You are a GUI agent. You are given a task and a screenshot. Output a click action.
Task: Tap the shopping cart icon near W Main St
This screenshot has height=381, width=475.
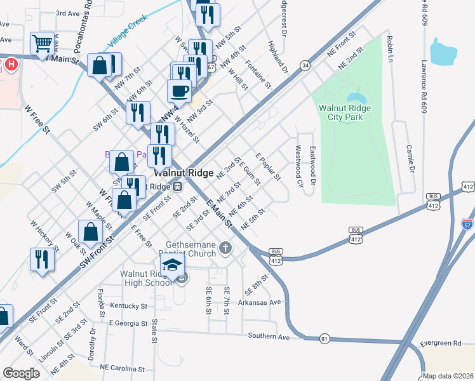(x=42, y=43)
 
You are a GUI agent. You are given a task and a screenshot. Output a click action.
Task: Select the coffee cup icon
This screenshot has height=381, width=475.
(x=179, y=90)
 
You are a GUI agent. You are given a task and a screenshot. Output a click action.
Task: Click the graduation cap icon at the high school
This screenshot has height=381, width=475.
(x=172, y=267)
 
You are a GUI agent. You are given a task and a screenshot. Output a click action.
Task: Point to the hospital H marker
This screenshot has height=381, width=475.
(x=11, y=64)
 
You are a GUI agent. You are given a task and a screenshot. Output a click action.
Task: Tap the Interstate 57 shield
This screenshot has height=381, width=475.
(x=468, y=224)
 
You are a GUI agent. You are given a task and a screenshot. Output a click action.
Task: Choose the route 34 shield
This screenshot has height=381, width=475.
(x=305, y=65)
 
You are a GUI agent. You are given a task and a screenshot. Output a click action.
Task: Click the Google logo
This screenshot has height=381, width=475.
(x=21, y=373)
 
